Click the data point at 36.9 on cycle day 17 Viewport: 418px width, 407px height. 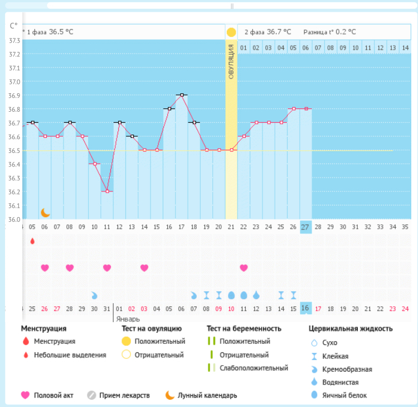pyautogui.click(x=182, y=95)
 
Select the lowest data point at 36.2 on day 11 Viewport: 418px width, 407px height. pyautogui.click(x=107, y=191)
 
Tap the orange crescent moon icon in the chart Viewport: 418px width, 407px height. pyautogui.click(x=45, y=213)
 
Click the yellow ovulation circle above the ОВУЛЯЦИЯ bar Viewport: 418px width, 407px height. pyautogui.click(x=231, y=32)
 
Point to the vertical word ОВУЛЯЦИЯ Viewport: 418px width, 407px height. pyautogui.click(x=231, y=61)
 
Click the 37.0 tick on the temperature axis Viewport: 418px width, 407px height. pyautogui.click(x=14, y=82)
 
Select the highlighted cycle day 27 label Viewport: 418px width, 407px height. pyautogui.click(x=305, y=227)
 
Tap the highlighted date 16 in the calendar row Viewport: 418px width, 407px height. pyautogui.click(x=305, y=308)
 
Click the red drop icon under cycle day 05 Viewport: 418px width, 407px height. pyautogui.click(x=32, y=241)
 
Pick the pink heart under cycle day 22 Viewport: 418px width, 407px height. pyautogui.click(x=244, y=267)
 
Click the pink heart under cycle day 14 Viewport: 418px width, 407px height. pyautogui.click(x=144, y=267)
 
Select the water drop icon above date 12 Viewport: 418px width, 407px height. pyautogui.click(x=256, y=295)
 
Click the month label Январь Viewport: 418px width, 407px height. pyautogui.click(x=128, y=319)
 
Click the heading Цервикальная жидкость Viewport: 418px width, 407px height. pyautogui.click(x=351, y=328)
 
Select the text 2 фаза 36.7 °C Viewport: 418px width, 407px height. pyautogui.click(x=268, y=32)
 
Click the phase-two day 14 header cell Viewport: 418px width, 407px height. pyautogui.click(x=405, y=48)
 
